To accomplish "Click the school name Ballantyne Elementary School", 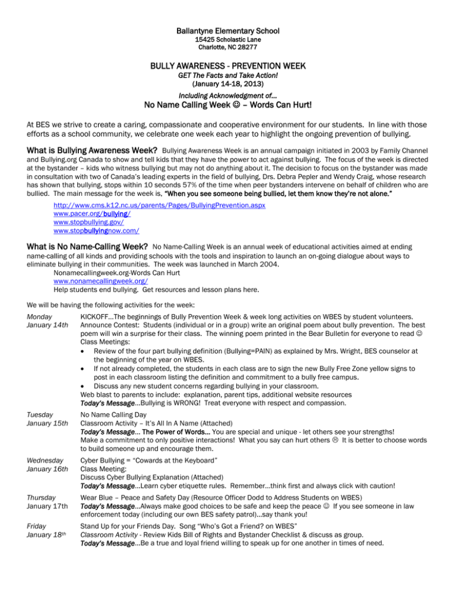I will tap(228, 30).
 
